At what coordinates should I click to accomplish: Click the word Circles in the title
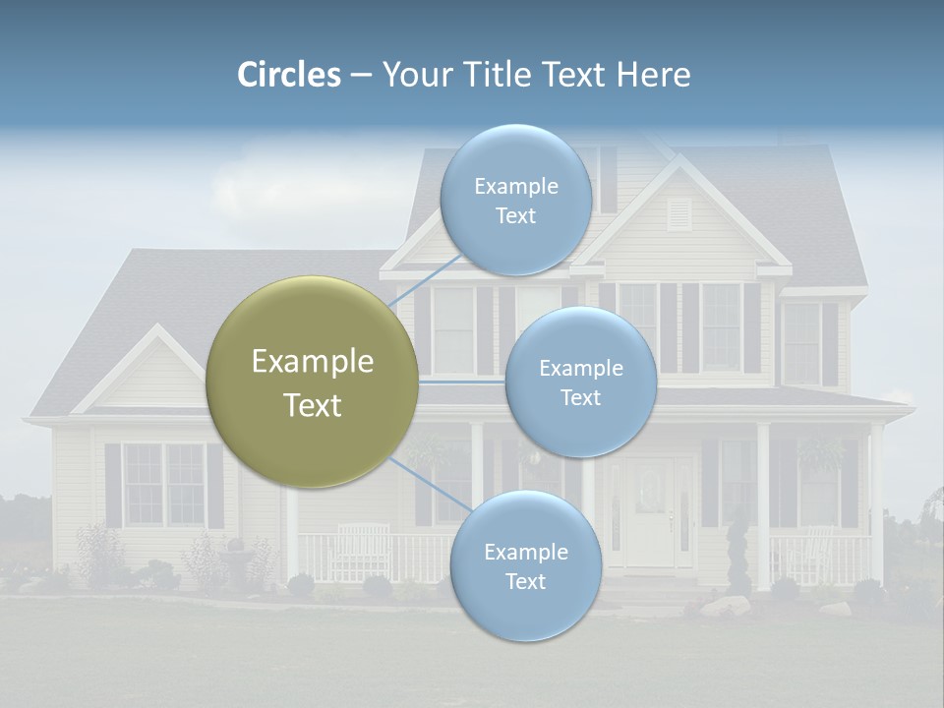pyautogui.click(x=289, y=75)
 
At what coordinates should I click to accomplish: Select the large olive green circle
pyautogui.click(x=312, y=382)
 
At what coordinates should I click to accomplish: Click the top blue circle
pyautogui.click(x=515, y=200)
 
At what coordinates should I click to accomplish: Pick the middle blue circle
pyautogui.click(x=580, y=382)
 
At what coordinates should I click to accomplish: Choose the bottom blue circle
pyautogui.click(x=525, y=565)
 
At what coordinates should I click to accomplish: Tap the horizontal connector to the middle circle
pyautogui.click(x=462, y=382)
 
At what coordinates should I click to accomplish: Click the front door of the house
pyautogui.click(x=651, y=511)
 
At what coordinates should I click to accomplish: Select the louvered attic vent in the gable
pyautogui.click(x=679, y=214)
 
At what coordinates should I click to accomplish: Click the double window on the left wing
pyautogui.click(x=164, y=484)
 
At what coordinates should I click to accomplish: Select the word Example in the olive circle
pyautogui.click(x=312, y=362)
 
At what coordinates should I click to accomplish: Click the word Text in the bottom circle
pyautogui.click(x=525, y=581)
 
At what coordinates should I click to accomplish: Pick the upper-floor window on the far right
pyautogui.click(x=801, y=342)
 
